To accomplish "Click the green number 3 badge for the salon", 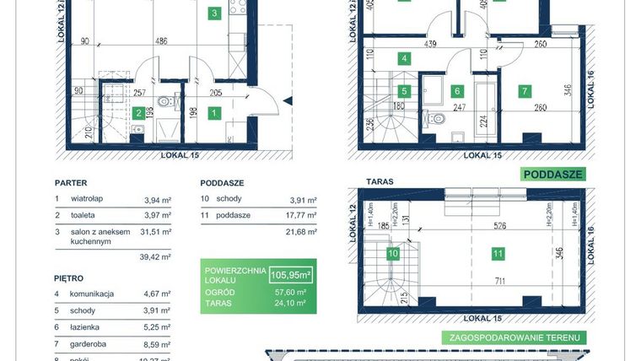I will (x=215, y=13).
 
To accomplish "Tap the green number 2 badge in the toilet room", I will (x=137, y=112).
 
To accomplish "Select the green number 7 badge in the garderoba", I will (x=524, y=90).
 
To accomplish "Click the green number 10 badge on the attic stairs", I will (x=392, y=252).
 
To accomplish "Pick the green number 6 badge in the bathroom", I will (x=457, y=90).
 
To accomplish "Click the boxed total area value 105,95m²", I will (x=289, y=274).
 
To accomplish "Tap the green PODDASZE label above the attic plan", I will (x=552, y=175).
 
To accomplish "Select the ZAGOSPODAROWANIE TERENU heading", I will (x=514, y=337).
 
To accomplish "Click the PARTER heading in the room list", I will (x=72, y=182).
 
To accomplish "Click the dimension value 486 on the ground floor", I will (x=159, y=40).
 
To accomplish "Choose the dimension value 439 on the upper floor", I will (x=430, y=45).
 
